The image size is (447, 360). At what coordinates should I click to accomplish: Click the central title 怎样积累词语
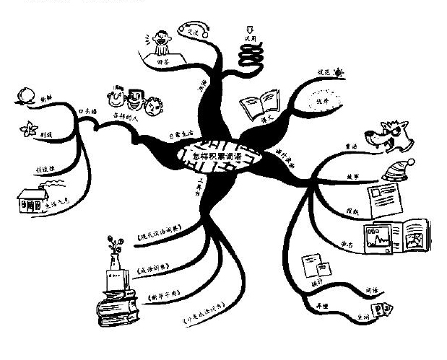(x=220, y=154)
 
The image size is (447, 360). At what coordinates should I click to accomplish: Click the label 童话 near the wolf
(x=351, y=146)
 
